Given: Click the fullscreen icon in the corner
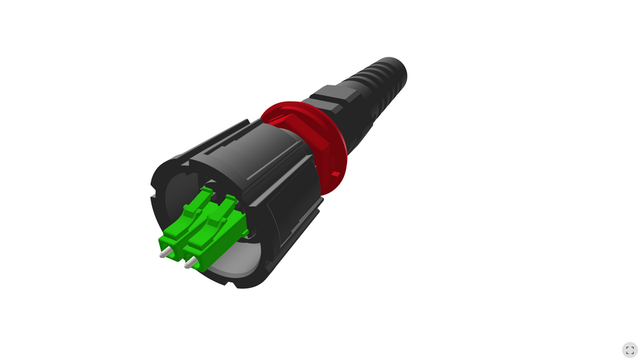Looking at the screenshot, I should tap(629, 350).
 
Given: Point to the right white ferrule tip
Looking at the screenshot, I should tap(189, 265).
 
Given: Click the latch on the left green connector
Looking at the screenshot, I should tap(192, 203).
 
